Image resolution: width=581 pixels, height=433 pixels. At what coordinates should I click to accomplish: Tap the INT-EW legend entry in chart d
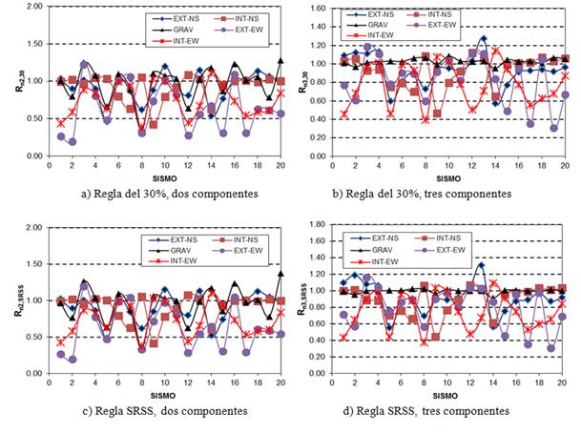371,260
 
